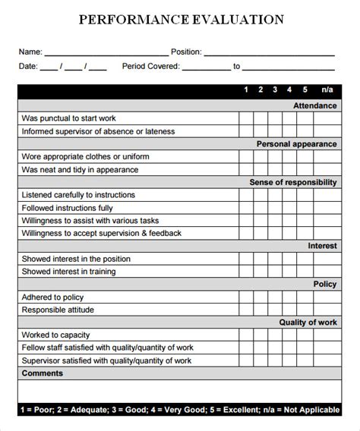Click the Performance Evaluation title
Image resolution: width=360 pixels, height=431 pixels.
tap(182, 19)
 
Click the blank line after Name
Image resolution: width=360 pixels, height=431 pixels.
tap(106, 53)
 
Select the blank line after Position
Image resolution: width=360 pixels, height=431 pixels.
tap(270, 53)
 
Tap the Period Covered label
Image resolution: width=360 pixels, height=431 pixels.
tap(150, 67)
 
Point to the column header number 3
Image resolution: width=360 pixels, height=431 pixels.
tap(275, 90)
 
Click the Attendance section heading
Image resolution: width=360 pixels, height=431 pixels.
tap(314, 105)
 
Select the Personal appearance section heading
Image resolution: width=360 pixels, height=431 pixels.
tap(296, 143)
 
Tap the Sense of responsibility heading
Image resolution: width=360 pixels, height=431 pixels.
tap(292, 182)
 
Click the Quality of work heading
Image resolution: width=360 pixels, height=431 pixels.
tap(308, 322)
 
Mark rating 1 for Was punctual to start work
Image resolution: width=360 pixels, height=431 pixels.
tap(246, 118)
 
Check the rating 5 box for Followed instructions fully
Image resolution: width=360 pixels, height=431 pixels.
tap(305, 207)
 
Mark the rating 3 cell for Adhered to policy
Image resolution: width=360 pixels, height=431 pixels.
tap(275, 297)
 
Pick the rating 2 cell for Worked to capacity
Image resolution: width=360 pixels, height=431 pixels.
tap(261, 335)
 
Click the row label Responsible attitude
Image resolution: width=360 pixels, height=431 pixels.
tap(58, 310)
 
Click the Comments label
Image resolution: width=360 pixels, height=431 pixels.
tap(43, 373)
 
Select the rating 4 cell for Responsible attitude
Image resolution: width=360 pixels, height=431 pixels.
tap(289, 310)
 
